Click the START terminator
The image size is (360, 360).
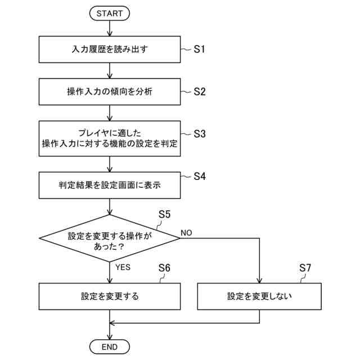coord(110,12)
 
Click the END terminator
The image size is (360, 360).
coord(110,346)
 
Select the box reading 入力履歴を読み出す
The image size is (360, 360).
coord(110,49)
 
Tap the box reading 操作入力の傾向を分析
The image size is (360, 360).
coord(110,91)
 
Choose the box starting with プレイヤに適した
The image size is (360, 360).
coord(110,138)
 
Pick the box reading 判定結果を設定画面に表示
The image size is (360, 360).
coord(110,184)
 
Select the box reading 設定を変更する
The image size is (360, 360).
coord(110,296)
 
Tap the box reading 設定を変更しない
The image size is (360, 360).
coord(259,296)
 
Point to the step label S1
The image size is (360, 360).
coord(200,49)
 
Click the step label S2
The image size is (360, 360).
coord(200,91)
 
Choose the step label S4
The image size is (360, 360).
coord(200,176)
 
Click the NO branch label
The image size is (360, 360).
coord(187,232)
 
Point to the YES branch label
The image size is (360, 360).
coord(123,267)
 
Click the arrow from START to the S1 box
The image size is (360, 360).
coord(110,28)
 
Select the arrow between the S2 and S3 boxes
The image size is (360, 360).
coord(110,112)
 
